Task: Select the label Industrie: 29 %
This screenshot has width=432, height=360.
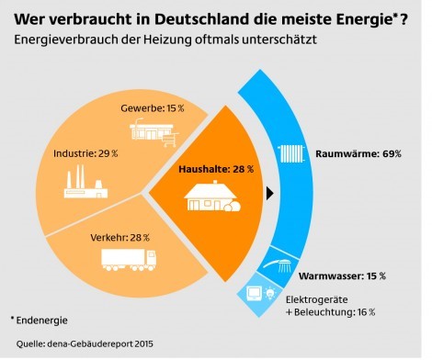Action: click(x=85, y=152)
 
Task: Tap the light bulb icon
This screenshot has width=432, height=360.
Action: click(x=271, y=295)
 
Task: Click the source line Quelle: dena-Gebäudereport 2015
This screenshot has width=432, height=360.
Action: click(x=79, y=345)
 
